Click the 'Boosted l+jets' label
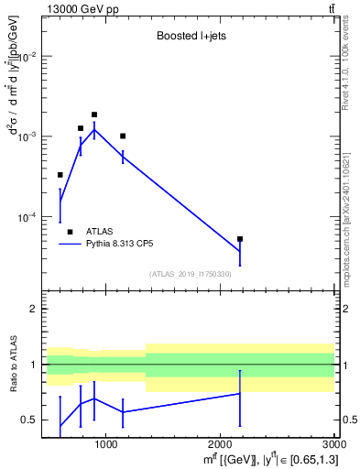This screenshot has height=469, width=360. [191, 37]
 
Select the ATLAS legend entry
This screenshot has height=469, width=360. [97, 232]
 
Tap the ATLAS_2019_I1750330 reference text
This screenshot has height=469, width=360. [191, 274]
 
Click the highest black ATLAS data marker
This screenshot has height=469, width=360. [94, 115]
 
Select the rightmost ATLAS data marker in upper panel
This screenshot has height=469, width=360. [240, 239]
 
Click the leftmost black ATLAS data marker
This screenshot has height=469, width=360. [60, 175]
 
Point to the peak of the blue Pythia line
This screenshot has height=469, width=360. [94, 129]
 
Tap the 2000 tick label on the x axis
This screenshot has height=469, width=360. [220, 444]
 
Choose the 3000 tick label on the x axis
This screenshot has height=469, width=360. [332, 444]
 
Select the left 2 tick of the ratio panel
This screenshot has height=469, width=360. [35, 310]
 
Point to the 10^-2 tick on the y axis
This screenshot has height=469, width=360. [27, 57]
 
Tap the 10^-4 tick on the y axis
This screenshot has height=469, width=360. [27, 217]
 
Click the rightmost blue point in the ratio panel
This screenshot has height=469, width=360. [240, 393]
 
